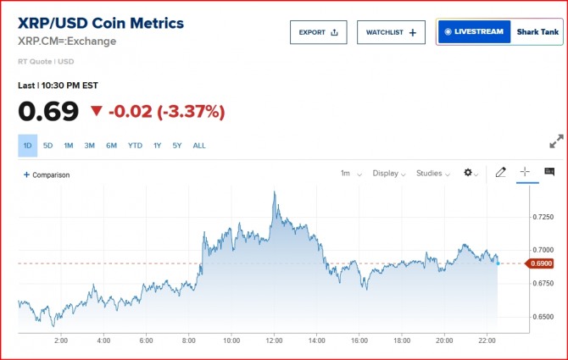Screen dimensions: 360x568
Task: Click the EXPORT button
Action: click(x=318, y=32)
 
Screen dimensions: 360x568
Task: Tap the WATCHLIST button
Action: click(x=391, y=32)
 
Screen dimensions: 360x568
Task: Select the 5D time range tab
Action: click(x=47, y=146)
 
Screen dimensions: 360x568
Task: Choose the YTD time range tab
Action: click(x=135, y=146)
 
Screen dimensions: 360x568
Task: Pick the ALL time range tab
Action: click(x=199, y=146)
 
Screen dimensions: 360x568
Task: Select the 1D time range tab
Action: click(x=27, y=146)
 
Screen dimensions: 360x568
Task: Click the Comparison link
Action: click(x=47, y=174)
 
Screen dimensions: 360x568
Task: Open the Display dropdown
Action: click(x=389, y=173)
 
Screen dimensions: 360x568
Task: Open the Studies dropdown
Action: click(x=433, y=173)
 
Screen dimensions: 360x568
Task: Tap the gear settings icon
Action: click(x=470, y=173)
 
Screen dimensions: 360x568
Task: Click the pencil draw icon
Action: click(x=500, y=172)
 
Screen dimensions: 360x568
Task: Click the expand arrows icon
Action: click(x=557, y=142)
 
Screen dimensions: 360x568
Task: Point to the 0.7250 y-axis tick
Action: click(x=543, y=217)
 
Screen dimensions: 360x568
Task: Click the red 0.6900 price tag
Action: click(x=543, y=263)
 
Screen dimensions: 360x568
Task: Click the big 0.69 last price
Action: click(x=48, y=111)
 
